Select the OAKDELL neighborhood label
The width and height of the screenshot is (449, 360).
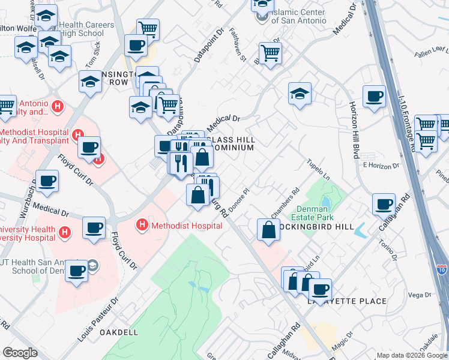(118, 332)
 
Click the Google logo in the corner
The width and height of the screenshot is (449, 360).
(20, 353)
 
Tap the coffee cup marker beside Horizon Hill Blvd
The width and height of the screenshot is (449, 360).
(375, 97)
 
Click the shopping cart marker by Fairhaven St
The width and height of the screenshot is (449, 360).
(271, 52)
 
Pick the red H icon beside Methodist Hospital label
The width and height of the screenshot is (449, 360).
(142, 225)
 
